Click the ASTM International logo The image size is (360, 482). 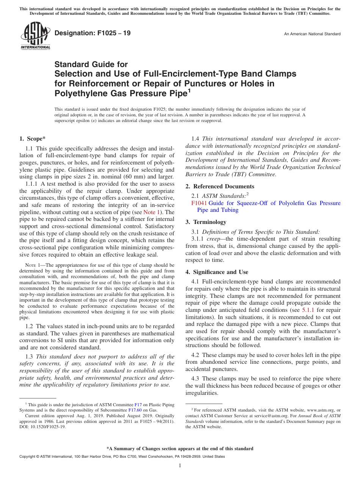click(35, 35)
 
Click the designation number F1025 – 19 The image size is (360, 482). click(93, 33)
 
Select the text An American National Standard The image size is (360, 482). click(312, 34)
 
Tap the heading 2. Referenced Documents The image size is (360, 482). click(220, 186)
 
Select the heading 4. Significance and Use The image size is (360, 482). click(217, 272)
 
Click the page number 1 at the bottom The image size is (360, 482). click(180, 466)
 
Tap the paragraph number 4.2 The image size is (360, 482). click(196, 355)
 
